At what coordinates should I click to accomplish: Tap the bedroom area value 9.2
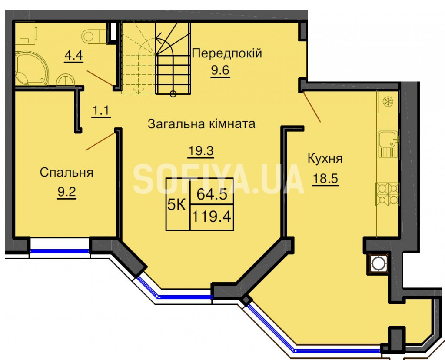click(66, 192)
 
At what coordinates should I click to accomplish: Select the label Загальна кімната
click(202, 124)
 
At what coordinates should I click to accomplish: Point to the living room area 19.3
click(201, 151)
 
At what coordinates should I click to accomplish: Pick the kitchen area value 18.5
click(325, 179)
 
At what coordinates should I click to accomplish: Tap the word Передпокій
click(227, 53)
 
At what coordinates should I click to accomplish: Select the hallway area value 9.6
click(220, 70)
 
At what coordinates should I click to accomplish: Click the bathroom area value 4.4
click(73, 55)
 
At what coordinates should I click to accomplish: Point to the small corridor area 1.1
click(101, 110)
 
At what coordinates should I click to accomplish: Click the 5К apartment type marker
click(176, 204)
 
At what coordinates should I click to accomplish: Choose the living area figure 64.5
click(212, 195)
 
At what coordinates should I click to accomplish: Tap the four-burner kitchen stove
click(388, 193)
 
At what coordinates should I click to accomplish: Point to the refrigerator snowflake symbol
click(387, 102)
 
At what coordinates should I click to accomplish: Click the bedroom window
click(60, 251)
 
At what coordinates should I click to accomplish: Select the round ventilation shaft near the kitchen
click(378, 264)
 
